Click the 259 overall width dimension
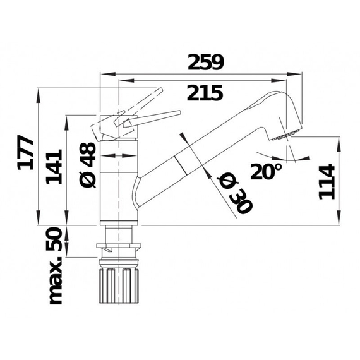pos(205,63)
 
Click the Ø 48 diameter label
pos(88,165)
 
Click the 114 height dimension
pos(326,181)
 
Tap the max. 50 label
pos(56,266)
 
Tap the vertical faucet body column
pos(118,183)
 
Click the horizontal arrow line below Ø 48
pos(118,155)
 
